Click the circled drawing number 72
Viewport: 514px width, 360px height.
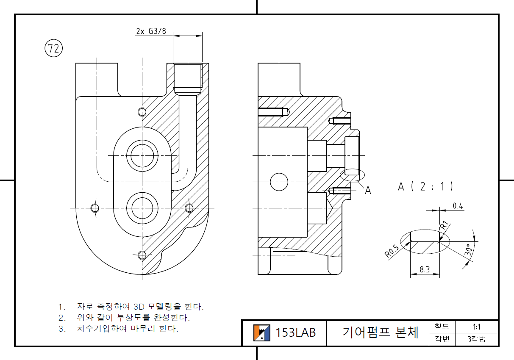click(x=53, y=49)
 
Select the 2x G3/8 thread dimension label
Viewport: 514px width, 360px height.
click(x=151, y=31)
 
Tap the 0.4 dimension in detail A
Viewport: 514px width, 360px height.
click(x=458, y=206)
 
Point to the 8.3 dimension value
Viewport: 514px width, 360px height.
click(x=425, y=269)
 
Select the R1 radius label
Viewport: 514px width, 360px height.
click(x=444, y=225)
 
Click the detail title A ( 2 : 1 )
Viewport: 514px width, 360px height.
click(x=426, y=186)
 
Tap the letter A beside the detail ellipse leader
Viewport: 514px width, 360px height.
click(x=368, y=190)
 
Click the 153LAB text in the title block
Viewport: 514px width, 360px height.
click(x=296, y=332)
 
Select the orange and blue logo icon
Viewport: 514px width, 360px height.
click(x=262, y=332)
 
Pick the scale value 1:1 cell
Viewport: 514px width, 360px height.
click(x=476, y=327)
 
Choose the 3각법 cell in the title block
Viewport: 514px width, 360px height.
click(x=476, y=339)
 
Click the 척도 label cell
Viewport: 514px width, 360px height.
click(x=442, y=327)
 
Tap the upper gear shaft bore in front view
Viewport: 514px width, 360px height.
click(x=142, y=155)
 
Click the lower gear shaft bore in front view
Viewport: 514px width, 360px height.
click(x=142, y=208)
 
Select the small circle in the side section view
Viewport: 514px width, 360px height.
click(x=279, y=182)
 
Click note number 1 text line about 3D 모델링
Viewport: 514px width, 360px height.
click(x=131, y=306)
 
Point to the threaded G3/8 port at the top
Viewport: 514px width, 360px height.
click(x=187, y=78)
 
